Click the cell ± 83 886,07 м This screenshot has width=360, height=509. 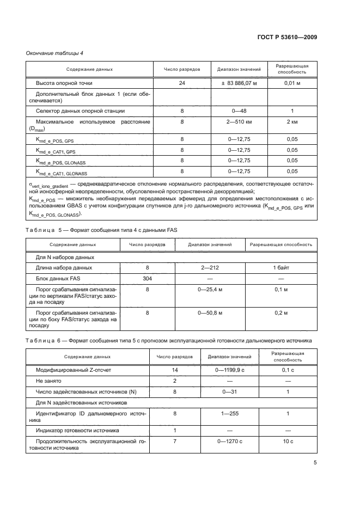(239, 83)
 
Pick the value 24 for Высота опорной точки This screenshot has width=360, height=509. (182, 83)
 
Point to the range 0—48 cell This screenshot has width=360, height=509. (239, 111)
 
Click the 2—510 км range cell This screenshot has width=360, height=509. (239, 122)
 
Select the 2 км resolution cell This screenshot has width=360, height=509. (292, 122)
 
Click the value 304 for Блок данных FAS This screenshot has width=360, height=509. (147, 278)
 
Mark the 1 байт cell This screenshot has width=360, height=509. (281, 268)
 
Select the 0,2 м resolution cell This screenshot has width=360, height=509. (281, 314)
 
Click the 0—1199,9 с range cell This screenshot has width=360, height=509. (229, 370)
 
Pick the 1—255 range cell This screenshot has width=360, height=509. (229, 414)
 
